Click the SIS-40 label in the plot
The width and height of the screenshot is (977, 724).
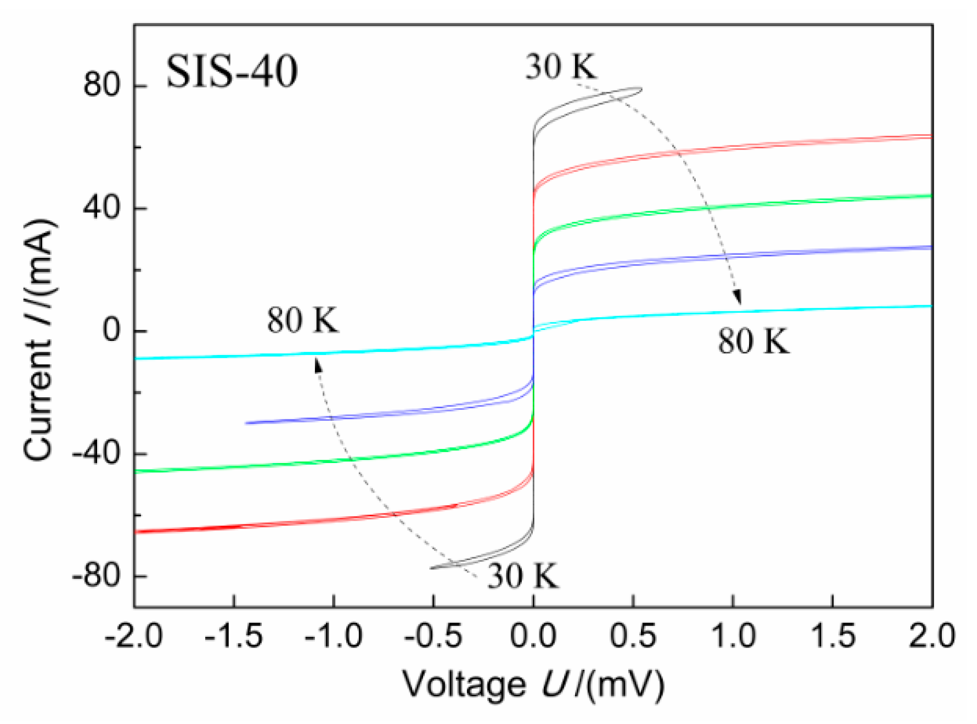coord(231,72)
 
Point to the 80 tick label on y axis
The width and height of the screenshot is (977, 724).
coord(102,85)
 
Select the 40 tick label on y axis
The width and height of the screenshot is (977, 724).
coord(102,208)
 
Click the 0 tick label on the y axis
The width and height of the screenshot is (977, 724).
coord(111,330)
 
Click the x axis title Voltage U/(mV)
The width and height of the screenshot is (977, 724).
coord(533,685)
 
